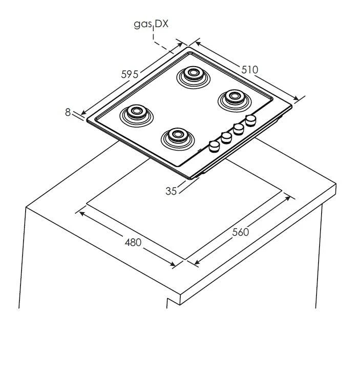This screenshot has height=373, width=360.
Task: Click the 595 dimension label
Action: tap(130, 74)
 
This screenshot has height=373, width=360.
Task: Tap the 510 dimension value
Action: tap(250, 70)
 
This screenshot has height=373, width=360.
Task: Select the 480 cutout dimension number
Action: tap(133, 242)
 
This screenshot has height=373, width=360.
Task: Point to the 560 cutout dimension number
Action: tap(240, 232)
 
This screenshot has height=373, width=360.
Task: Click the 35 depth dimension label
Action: tap(171, 191)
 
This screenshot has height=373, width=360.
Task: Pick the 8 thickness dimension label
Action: tap(68, 112)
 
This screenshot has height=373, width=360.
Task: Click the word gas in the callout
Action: tap(143, 24)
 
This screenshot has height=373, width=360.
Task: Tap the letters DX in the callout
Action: tap(161, 24)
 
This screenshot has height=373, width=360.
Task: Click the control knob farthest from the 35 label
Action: tap(250, 120)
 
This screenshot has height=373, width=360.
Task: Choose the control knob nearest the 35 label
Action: tap(214, 147)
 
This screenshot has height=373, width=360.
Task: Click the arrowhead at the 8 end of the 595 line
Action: tap(84, 113)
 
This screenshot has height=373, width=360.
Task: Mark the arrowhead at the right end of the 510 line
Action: tap(295, 98)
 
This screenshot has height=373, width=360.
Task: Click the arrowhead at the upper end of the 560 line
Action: tap(288, 198)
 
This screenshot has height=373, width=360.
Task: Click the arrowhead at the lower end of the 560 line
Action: tap(197, 262)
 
